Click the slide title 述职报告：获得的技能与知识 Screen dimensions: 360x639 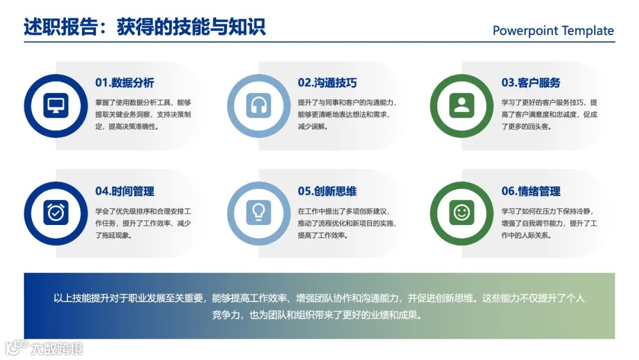pos(144,27)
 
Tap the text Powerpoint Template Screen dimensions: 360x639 pos(553,31)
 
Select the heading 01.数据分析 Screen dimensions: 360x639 pos(125,83)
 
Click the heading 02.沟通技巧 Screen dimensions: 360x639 pos(327,83)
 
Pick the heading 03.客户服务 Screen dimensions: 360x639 pos(531,83)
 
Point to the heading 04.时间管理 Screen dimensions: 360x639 pos(125,191)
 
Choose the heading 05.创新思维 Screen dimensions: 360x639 pos(327,191)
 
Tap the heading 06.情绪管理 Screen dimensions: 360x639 pos(531,191)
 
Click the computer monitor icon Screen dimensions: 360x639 pos(56,105)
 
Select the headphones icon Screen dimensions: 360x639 pos(259,105)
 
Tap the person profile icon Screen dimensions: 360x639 pos(461,105)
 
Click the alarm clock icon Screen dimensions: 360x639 pos(56,213)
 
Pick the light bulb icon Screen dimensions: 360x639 pos(259,213)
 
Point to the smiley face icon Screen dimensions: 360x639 pos(461,213)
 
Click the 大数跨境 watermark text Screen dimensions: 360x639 pos(57,348)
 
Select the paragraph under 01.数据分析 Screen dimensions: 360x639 pos(143,114)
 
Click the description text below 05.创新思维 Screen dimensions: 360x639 pos(347,223)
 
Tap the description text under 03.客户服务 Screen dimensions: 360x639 pos(550,114)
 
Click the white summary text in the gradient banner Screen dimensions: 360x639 pos(319,306)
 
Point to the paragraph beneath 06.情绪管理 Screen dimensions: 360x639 pos(550,223)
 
